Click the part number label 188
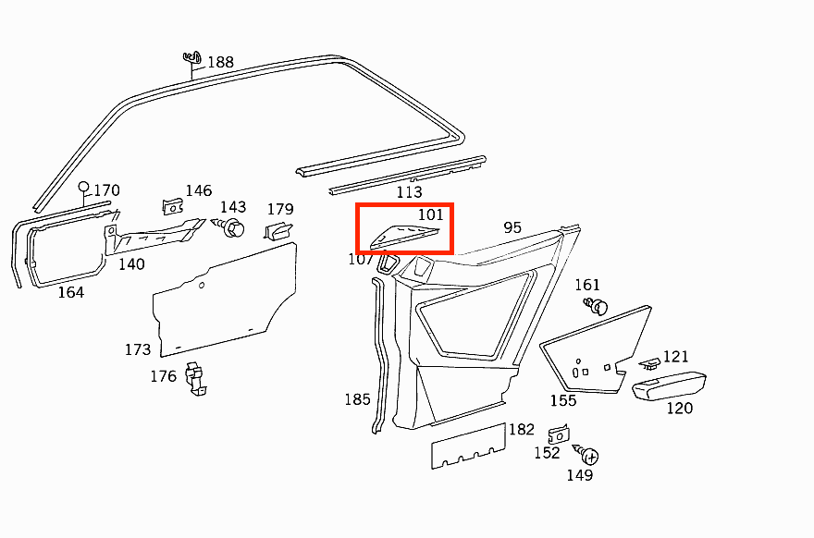coord(220,63)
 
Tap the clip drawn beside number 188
coord(191,60)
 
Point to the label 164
coord(70,293)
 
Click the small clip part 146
coord(171,205)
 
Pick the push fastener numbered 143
coord(232,226)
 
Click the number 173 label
coord(138,350)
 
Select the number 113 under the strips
coord(409,192)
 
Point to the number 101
coord(431,215)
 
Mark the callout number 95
coord(513,227)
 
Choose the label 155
coord(563,401)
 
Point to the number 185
coord(357,400)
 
